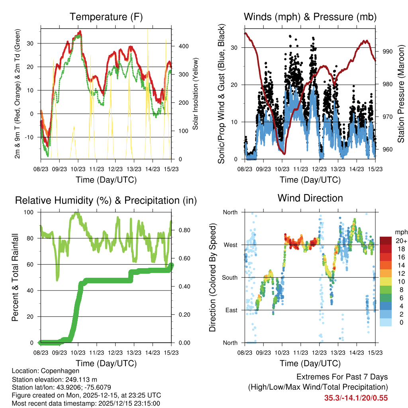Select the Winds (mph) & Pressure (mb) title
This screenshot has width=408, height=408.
coord(310,17)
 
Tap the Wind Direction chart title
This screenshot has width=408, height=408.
coord(310,198)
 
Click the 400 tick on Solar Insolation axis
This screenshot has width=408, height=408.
coord(184,46)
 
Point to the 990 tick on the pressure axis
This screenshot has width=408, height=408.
coord(388,51)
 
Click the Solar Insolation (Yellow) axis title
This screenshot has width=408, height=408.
coord(196,95)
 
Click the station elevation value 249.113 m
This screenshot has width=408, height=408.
coord(79,379)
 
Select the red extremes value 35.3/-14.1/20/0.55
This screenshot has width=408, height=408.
coord(356,398)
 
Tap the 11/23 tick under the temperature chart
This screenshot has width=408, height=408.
coord(96,169)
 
